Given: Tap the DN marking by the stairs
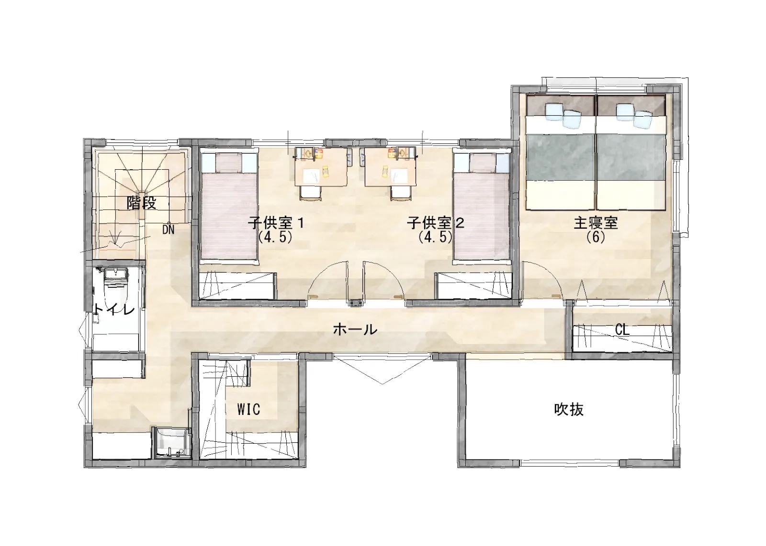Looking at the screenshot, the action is point(168,229).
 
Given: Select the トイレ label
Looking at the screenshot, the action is point(114,309).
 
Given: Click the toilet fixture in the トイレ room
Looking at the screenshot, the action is point(115,287).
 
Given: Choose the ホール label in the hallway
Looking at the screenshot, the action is point(355,329).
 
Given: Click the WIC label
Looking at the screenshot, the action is point(248,409).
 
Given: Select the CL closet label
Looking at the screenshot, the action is point(622,330).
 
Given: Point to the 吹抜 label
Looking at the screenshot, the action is point(569,409).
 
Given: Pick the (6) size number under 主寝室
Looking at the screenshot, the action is point(596,237).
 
